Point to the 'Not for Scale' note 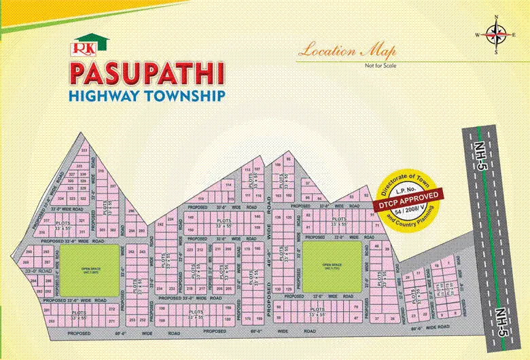pyautogui.click(x=380, y=65)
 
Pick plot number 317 pyautogui.click(x=47, y=221)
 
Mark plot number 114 pyautogui.click(x=229, y=184)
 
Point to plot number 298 pyautogui.click(x=132, y=211)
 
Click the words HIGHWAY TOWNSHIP pyautogui.click(x=147, y=96)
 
